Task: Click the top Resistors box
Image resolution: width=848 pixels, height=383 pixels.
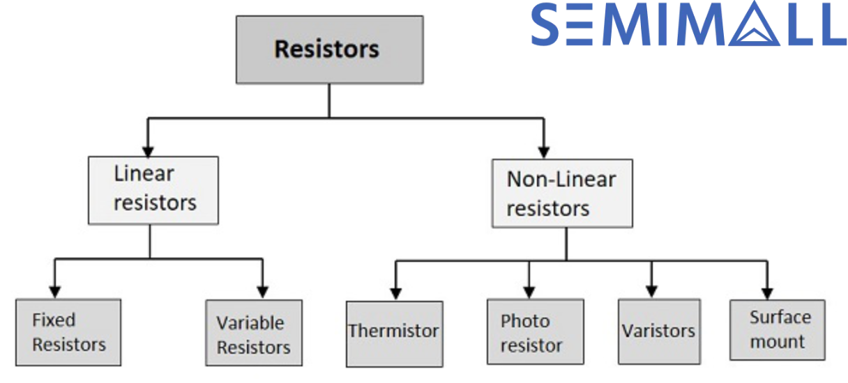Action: [x=329, y=49]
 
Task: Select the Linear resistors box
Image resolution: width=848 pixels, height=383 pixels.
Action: [x=153, y=189]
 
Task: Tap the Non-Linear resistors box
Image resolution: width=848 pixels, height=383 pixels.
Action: [x=562, y=194]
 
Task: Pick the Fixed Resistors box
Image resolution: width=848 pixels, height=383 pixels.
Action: [x=68, y=332]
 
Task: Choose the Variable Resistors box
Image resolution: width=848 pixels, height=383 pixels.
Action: [x=254, y=333]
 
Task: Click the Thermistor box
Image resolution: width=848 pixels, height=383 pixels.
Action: [x=394, y=334]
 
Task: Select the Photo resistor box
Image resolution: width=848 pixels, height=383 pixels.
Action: [x=535, y=332]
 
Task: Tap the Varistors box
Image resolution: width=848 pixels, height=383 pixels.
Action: [x=658, y=331]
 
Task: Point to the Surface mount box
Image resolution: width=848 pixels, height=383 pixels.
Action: [x=778, y=330]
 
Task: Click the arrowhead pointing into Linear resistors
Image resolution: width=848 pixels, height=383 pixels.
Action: [x=147, y=149]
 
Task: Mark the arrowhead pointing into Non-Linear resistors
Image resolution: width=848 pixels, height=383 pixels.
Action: [x=545, y=150]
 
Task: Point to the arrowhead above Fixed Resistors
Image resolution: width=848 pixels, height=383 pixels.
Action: [x=54, y=291]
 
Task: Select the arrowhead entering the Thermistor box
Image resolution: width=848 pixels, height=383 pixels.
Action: [x=395, y=292]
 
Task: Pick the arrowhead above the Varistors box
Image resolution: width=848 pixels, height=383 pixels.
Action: [x=651, y=291]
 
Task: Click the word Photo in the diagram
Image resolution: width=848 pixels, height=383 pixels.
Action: [x=525, y=322]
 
